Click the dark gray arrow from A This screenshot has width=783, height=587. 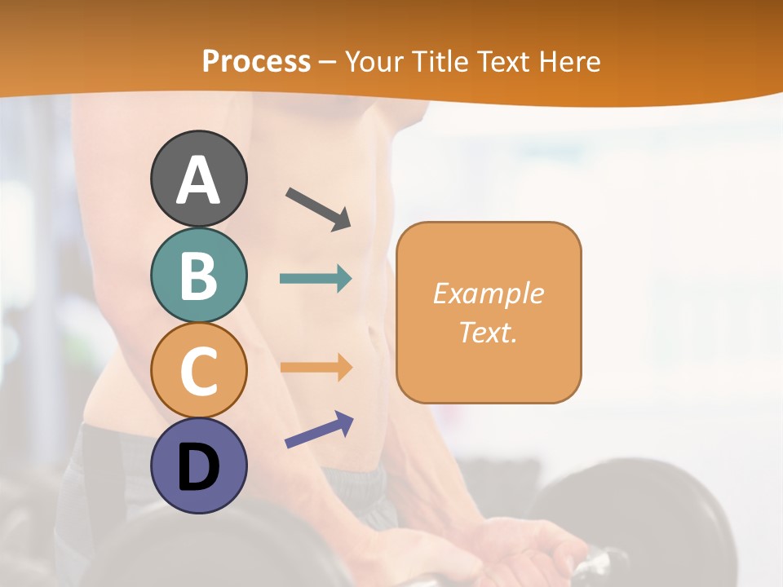click(318, 208)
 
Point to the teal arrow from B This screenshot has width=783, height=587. click(316, 279)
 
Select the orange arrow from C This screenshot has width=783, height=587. click(316, 367)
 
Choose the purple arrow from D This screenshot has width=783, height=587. click(319, 430)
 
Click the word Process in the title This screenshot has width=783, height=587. click(256, 61)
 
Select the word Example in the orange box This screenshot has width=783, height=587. click(489, 293)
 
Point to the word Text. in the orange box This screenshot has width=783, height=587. click(489, 332)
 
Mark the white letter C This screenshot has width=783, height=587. click(198, 371)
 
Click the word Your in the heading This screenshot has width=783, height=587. click(374, 61)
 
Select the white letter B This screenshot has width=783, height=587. click(198, 276)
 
